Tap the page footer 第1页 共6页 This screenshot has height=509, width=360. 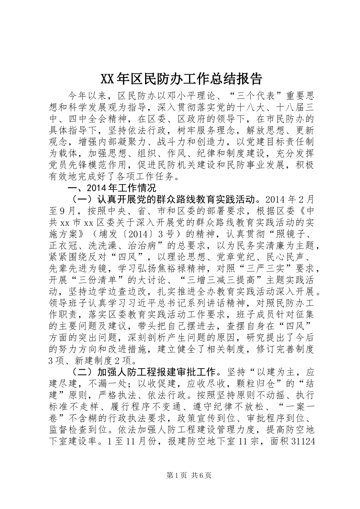(180, 475)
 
